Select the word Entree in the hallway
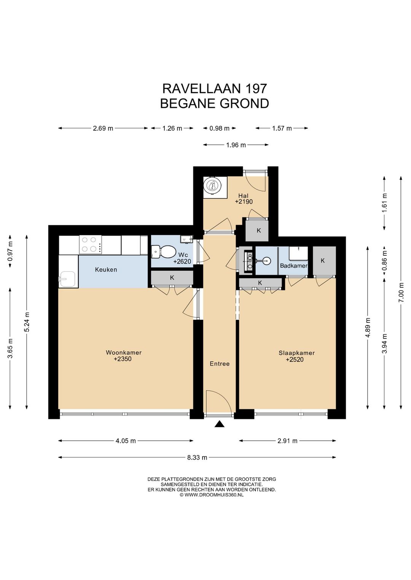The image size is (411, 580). [x=220, y=364]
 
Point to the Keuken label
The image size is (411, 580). [x=106, y=269]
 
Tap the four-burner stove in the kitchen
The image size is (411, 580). [x=91, y=245]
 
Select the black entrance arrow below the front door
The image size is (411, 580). [x=219, y=424]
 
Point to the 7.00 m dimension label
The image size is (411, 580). [x=401, y=293]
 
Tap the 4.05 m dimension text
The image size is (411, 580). [x=126, y=441]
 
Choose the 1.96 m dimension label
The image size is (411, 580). [x=236, y=145]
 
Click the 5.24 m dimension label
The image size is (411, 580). [x=27, y=322]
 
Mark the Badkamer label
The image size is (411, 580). [x=294, y=266]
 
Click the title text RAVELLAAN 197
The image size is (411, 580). [x=215, y=89]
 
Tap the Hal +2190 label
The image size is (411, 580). [x=244, y=199]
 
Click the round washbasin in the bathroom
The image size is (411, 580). [x=266, y=260]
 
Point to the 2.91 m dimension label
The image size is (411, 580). [x=287, y=441]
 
